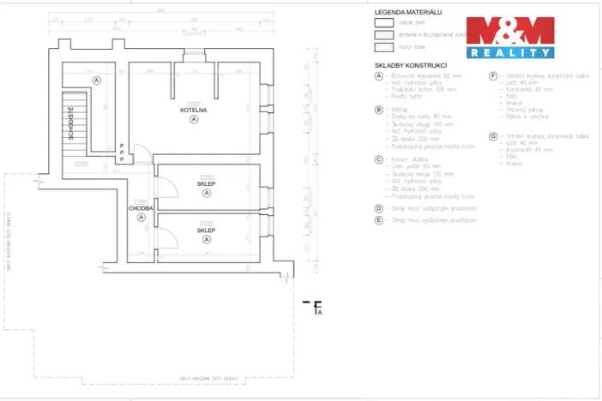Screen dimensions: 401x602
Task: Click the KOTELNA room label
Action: click(x=193, y=111)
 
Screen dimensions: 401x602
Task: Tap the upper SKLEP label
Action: click(x=206, y=183)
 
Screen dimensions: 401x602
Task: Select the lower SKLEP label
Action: click(x=206, y=230)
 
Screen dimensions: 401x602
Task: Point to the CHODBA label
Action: click(x=141, y=207)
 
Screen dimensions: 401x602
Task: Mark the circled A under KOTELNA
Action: click(x=194, y=120)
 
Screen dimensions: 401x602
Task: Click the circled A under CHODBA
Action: click(x=141, y=217)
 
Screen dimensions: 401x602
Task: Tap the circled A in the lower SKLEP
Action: click(x=207, y=240)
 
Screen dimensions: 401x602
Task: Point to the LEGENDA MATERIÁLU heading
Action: click(x=407, y=13)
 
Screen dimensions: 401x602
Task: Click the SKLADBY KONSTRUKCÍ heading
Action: click(x=411, y=65)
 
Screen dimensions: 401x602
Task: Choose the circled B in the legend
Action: click(x=378, y=110)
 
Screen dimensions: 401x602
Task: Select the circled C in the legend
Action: click(x=378, y=159)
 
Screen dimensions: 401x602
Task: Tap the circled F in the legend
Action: click(x=493, y=75)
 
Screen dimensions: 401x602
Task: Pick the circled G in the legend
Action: click(x=493, y=135)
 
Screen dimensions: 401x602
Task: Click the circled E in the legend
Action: click(x=378, y=219)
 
